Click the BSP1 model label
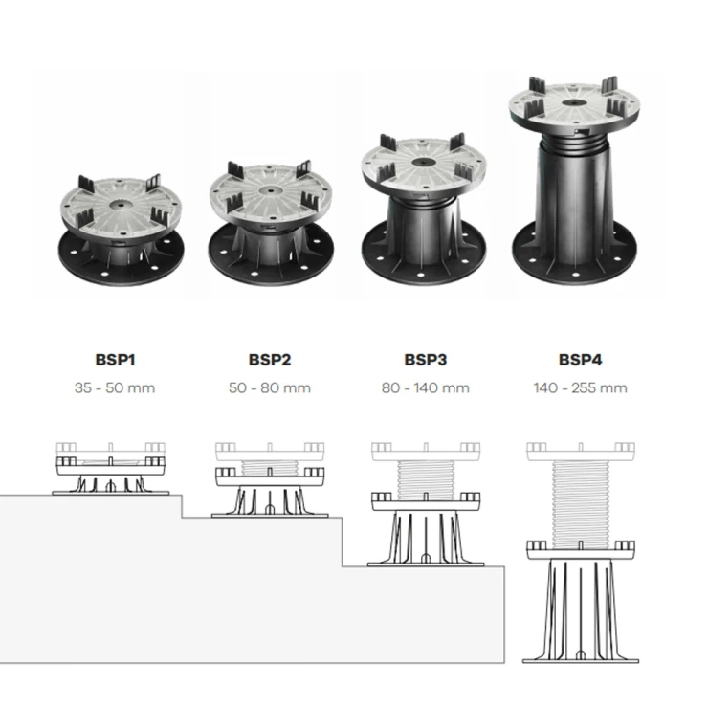click(x=115, y=360)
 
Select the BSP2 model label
click(x=270, y=360)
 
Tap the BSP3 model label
click(x=426, y=360)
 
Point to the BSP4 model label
click(x=580, y=360)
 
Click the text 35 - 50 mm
click(x=115, y=387)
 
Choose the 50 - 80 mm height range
click(x=270, y=387)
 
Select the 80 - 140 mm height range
click(x=426, y=387)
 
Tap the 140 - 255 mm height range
click(x=580, y=387)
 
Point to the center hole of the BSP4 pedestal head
click(x=577, y=103)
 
